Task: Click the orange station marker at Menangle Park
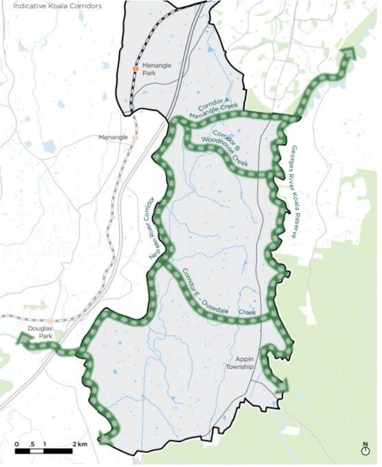coord(135,68)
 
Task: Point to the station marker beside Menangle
coord(135,137)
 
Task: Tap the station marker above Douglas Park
coord(50,321)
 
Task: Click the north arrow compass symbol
coord(365,449)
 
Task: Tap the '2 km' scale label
coord(79,444)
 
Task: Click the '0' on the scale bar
coord(16,444)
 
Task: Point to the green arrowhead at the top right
coord(347,54)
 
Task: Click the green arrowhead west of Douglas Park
coord(24,340)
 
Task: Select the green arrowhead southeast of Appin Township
coord(282,386)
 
